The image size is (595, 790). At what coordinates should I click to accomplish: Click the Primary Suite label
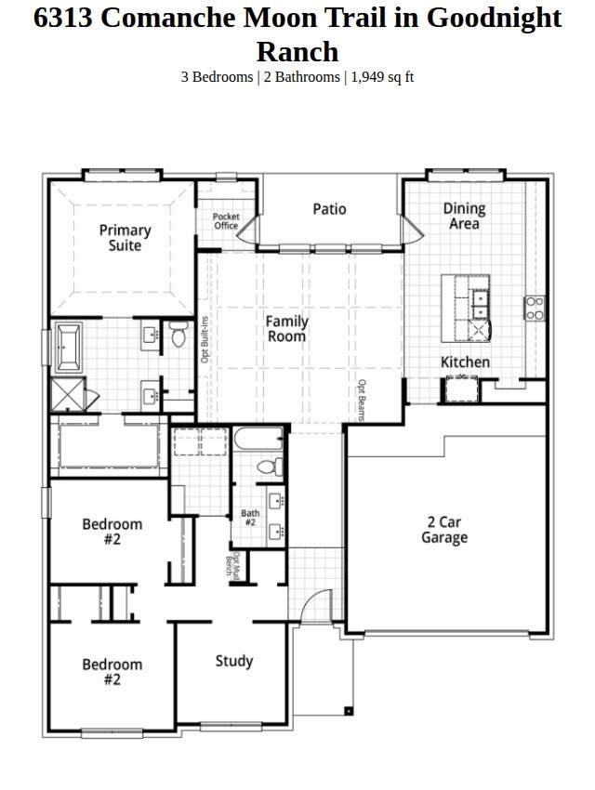tap(125, 238)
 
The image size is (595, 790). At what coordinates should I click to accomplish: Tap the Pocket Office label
tap(226, 220)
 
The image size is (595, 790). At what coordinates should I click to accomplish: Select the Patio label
tap(329, 209)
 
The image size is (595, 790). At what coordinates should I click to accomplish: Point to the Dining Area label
tap(464, 216)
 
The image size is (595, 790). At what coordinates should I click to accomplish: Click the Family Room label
tap(286, 328)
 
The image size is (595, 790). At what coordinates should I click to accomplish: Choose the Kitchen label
tap(465, 362)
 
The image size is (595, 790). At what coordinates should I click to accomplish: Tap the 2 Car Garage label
tap(444, 530)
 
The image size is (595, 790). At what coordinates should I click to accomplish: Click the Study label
tap(233, 661)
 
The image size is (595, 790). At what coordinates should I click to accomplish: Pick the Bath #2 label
tap(250, 518)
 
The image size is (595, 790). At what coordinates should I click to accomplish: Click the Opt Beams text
tap(362, 400)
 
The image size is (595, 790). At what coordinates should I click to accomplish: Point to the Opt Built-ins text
tap(204, 339)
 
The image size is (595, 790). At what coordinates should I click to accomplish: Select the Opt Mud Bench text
tap(232, 564)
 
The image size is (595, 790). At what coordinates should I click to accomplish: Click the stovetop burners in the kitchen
tap(535, 309)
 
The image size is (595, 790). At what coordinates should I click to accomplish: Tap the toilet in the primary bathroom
tap(178, 334)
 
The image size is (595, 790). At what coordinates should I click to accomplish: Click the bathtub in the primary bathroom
tap(68, 348)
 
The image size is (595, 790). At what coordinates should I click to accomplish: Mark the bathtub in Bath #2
tap(258, 439)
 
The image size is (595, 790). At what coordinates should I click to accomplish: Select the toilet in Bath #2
tap(270, 467)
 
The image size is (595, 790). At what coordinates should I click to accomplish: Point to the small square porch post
tap(348, 711)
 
